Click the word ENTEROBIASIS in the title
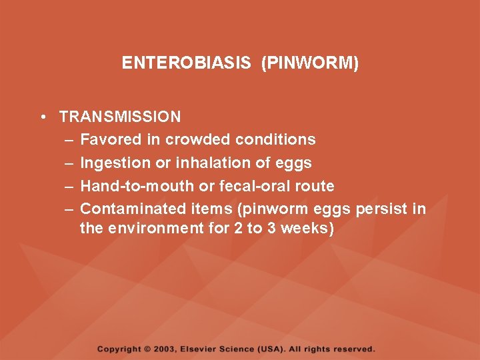pos(186,63)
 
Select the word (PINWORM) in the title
pos(310,63)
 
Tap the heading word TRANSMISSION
pos(120,117)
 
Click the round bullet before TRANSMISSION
pos(42,117)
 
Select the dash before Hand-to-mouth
pos(70,185)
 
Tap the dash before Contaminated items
pos(70,209)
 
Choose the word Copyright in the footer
pos(119,349)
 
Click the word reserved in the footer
pos(355,349)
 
